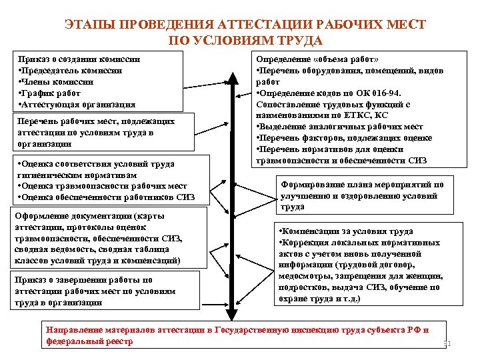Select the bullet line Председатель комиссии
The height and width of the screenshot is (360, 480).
pyautogui.click(x=71, y=70)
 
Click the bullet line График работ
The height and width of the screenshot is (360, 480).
pyautogui.click(x=53, y=93)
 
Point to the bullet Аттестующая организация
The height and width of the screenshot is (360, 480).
pyautogui.click(x=77, y=104)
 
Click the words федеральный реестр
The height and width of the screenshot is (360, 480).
pyautogui.click(x=89, y=341)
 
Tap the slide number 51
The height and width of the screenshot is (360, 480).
pyautogui.click(x=447, y=344)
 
